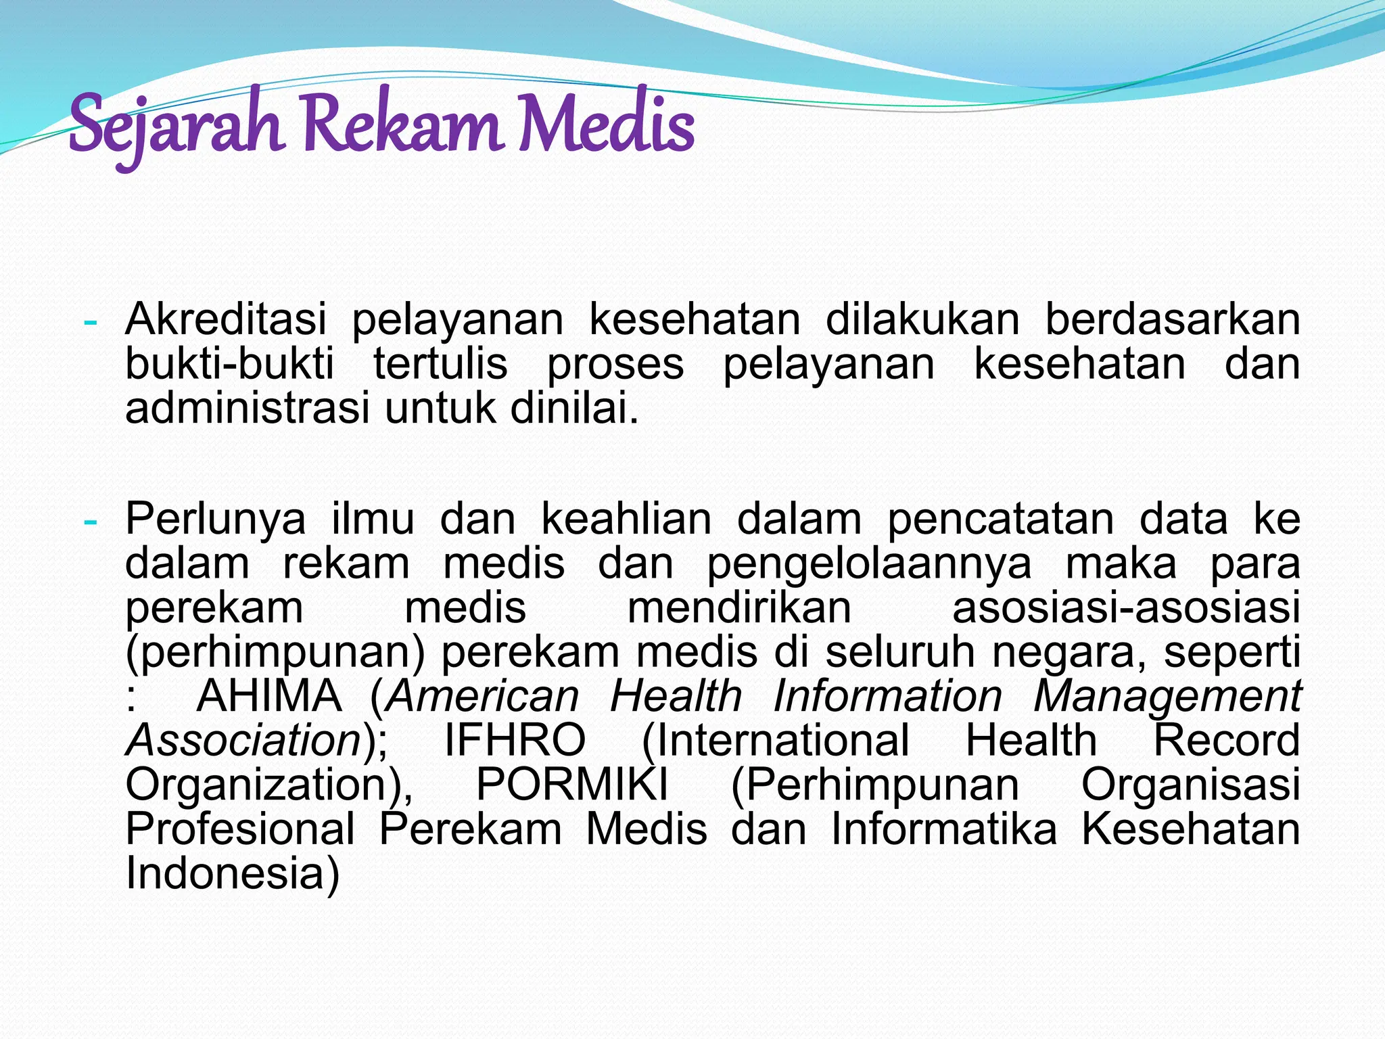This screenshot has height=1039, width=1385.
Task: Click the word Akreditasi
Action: tap(226, 319)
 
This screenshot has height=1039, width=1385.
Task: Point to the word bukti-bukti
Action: tap(229, 364)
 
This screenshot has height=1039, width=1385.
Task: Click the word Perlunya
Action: tap(216, 519)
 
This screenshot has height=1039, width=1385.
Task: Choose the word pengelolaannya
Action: tap(869, 563)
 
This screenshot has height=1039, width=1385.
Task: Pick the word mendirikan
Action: tap(739, 607)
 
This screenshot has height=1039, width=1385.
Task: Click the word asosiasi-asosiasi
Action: tap(1126, 607)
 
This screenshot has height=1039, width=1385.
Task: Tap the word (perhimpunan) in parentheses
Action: tap(275, 653)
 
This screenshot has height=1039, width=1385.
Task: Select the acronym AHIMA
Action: tap(269, 696)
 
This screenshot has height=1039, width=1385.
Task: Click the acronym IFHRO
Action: tap(515, 740)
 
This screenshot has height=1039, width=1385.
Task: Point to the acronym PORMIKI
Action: tap(572, 785)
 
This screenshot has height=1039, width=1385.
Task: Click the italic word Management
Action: tap(1167, 696)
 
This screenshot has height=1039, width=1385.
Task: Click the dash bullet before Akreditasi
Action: tap(89, 322)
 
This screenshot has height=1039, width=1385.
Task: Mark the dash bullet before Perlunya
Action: tap(89, 522)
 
